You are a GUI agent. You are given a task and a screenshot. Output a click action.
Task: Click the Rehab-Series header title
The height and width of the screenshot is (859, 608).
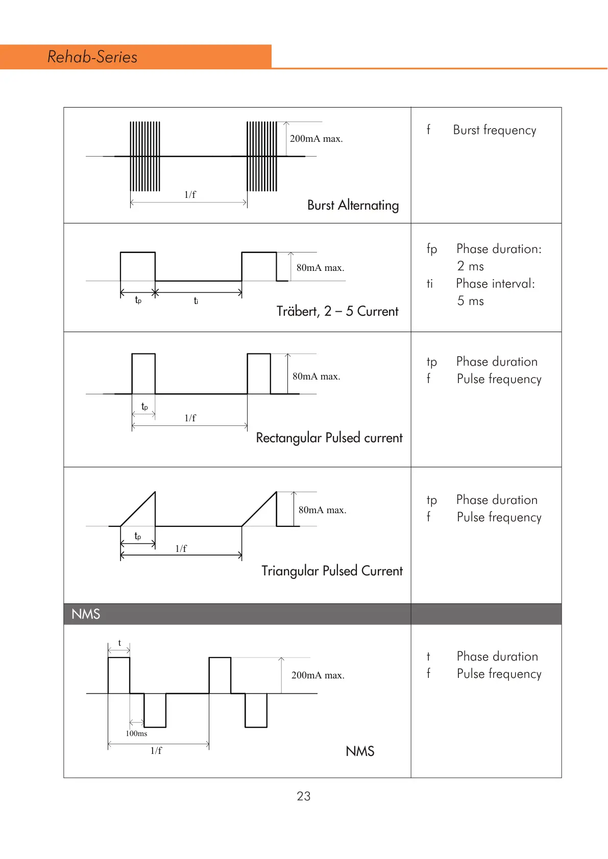coord(92,57)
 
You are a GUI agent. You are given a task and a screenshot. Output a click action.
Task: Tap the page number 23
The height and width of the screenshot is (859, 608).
coord(304,796)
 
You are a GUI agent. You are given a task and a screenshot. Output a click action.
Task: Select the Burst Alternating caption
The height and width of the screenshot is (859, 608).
coord(353,205)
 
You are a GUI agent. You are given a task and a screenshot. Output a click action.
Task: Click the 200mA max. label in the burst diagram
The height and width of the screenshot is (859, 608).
coord(316,139)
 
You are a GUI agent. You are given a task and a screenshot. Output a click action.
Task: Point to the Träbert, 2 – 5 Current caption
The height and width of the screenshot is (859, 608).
coord(337,311)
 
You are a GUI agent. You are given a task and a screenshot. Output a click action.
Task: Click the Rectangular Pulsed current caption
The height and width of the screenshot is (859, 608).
coord(329,438)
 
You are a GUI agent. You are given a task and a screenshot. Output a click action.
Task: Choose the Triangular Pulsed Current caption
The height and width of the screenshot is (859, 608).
coord(332,571)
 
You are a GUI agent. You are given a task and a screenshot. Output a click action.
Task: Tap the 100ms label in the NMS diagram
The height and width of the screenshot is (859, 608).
coord(136,734)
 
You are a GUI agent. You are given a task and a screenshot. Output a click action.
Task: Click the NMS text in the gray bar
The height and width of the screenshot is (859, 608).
coord(86,614)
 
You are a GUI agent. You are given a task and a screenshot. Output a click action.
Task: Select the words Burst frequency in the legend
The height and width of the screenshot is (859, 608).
coord(494,130)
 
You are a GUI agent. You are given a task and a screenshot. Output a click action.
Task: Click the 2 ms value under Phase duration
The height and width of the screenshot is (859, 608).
coord(470,266)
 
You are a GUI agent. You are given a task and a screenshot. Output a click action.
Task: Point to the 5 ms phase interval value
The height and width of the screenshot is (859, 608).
coord(470,301)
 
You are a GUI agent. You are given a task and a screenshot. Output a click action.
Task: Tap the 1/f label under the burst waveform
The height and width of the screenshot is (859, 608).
coord(190,194)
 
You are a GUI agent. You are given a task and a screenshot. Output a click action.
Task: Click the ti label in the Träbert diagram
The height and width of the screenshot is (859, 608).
coord(196,301)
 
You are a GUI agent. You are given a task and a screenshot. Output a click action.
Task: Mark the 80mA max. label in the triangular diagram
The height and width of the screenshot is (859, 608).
coord(322,510)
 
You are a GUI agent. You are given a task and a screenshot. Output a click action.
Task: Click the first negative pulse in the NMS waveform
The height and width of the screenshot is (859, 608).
coord(155,710)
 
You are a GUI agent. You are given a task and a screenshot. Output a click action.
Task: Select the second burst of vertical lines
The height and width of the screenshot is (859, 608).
coord(262,156)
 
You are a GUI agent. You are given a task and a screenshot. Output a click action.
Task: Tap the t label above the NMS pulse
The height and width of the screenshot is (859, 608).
coord(119,643)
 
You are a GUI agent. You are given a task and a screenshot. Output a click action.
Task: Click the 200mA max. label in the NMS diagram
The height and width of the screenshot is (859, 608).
coord(318,675)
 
